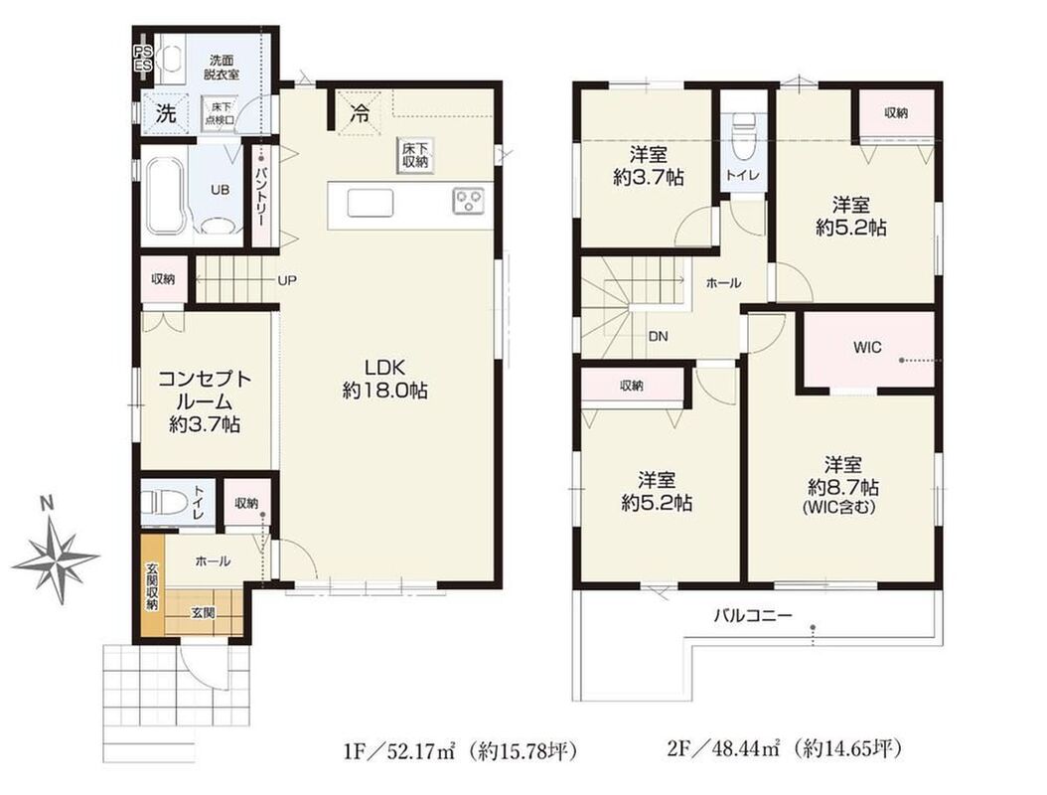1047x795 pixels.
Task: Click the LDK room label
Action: (x=385, y=379)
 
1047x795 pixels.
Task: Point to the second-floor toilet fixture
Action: (x=743, y=135)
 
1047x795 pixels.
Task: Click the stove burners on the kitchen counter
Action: (x=469, y=200)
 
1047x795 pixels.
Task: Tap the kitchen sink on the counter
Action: (x=370, y=203)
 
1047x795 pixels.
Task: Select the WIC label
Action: (x=867, y=348)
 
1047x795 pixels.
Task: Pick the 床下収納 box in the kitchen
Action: (x=414, y=156)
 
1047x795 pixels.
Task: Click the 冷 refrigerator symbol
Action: (x=360, y=113)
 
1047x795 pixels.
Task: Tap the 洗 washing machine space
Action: (x=166, y=114)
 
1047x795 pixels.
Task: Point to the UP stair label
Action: (x=287, y=280)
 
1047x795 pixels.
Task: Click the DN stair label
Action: (x=659, y=337)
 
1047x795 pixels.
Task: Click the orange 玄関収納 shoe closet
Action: (x=152, y=586)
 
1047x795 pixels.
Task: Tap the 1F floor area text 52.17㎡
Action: (x=400, y=751)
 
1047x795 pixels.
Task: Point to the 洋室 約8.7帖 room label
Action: (x=842, y=485)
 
